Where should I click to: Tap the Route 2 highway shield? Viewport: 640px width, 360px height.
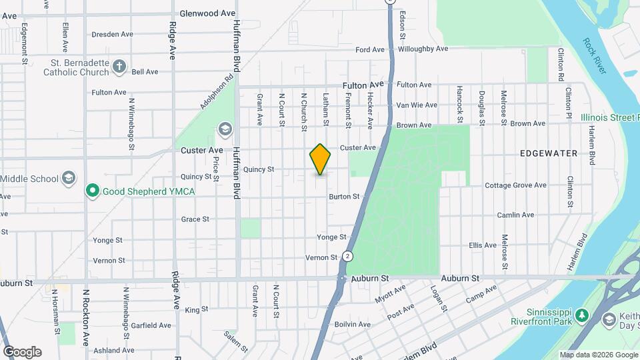347,256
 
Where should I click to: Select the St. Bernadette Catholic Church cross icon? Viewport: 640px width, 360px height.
119,66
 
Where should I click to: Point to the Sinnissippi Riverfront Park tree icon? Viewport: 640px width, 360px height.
581,315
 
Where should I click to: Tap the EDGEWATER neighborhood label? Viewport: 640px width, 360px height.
548,153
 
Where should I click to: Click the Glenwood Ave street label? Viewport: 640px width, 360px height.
208,13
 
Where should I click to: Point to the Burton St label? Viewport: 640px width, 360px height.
344,197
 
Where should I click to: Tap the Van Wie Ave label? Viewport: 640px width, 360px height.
417,105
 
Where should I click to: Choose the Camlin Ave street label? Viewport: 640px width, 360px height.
515,215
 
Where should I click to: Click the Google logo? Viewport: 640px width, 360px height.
22,352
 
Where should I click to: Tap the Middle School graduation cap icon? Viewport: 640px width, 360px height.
69,178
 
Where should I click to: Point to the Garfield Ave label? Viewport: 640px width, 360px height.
150,325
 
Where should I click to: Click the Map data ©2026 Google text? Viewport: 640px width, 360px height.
598,355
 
